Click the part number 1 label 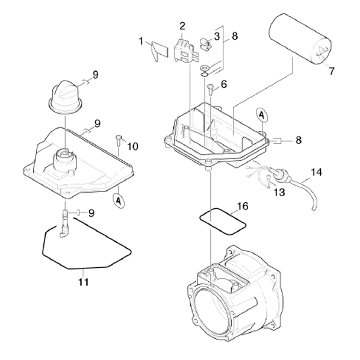tap(141, 42)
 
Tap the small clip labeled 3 tap(206, 43)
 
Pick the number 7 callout tap(331, 71)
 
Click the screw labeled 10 tap(118, 140)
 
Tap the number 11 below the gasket tap(84, 282)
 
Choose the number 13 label tap(279, 192)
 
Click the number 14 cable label tap(316, 172)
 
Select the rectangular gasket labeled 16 tap(222, 222)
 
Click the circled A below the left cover tap(119, 201)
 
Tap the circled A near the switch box tap(262, 115)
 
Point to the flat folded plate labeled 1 tap(159, 51)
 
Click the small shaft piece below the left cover tap(64, 223)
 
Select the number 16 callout tap(243, 206)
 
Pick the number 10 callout tap(132, 146)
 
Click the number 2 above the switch tap(182, 26)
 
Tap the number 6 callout tap(223, 84)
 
